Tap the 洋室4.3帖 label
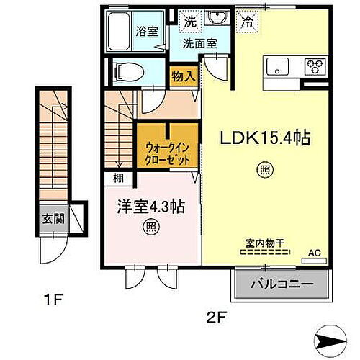pos(152,206)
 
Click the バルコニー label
pos(282,284)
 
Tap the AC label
pos(314,253)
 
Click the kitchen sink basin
pos(278,67)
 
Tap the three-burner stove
pos(314,67)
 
